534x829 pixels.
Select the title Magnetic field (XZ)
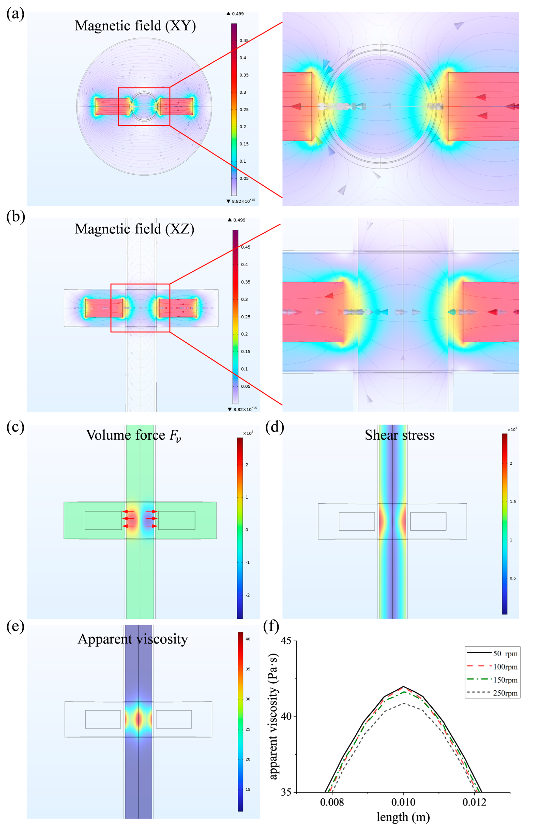[x=135, y=229]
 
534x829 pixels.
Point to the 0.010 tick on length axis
[x=403, y=803]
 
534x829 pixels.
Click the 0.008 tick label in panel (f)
[x=332, y=803]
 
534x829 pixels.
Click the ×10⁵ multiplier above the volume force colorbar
[x=248, y=433]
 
